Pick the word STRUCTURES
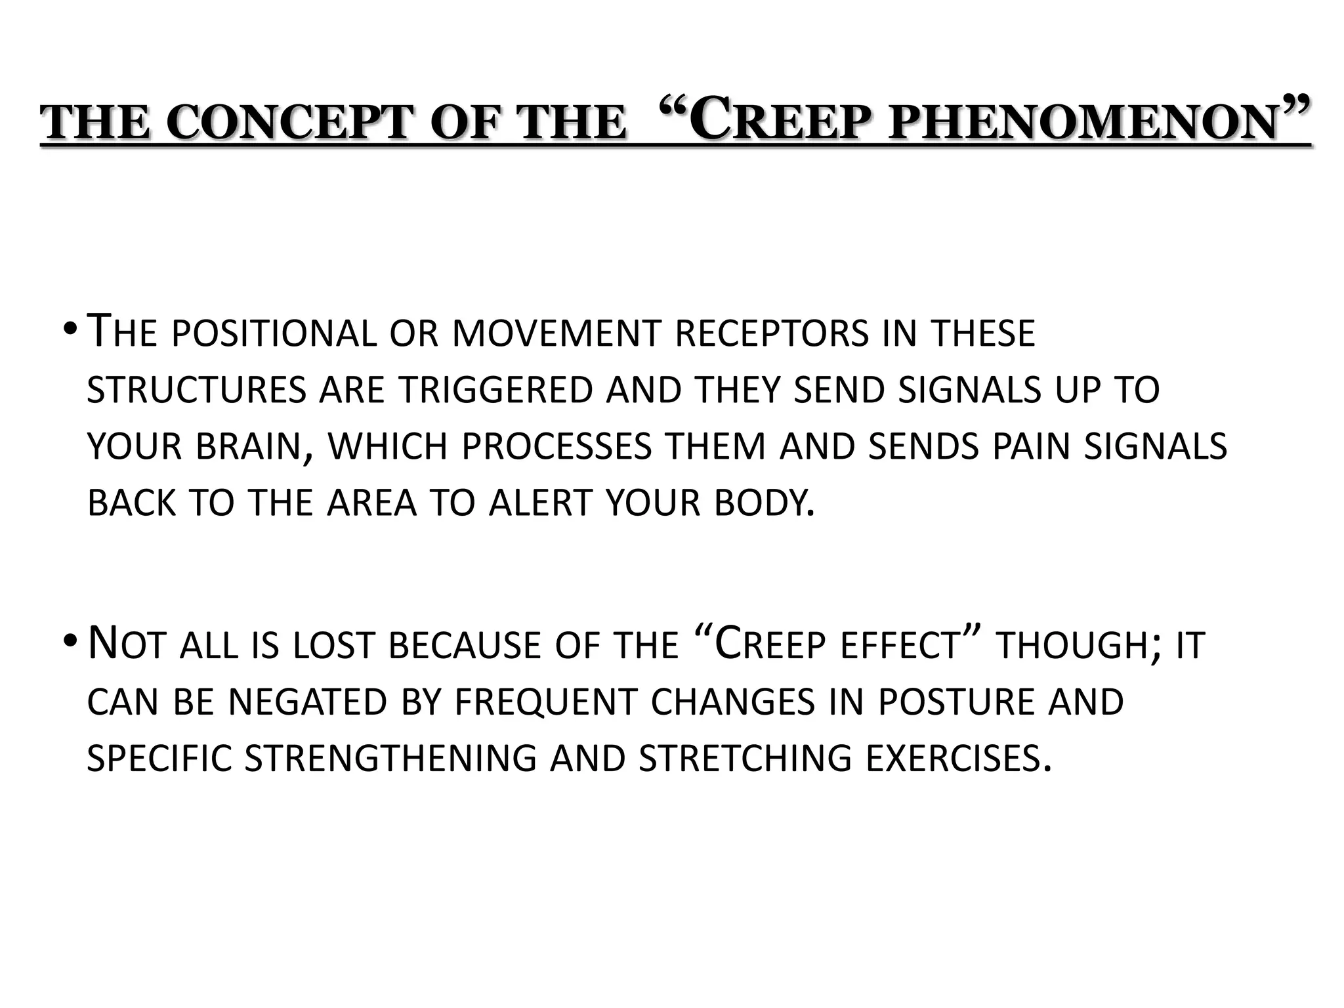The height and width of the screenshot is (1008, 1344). coord(196,390)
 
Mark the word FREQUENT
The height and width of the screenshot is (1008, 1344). coord(545,702)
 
